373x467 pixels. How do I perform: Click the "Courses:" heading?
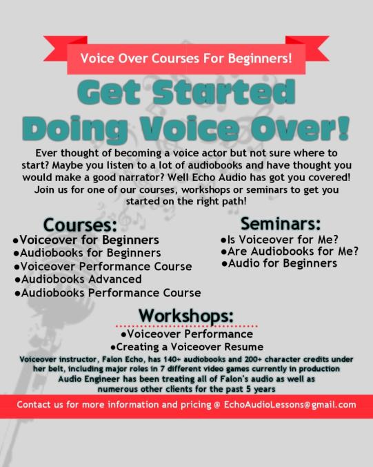(x=80, y=225)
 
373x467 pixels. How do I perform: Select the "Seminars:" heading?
(x=281, y=224)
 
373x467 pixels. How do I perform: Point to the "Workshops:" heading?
(x=186, y=315)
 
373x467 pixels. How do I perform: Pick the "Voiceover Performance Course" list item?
(x=104, y=266)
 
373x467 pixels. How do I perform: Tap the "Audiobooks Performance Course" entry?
(x=109, y=292)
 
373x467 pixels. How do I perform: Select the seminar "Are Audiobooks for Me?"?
(x=290, y=251)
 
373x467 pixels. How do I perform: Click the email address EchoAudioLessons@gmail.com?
(x=290, y=405)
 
